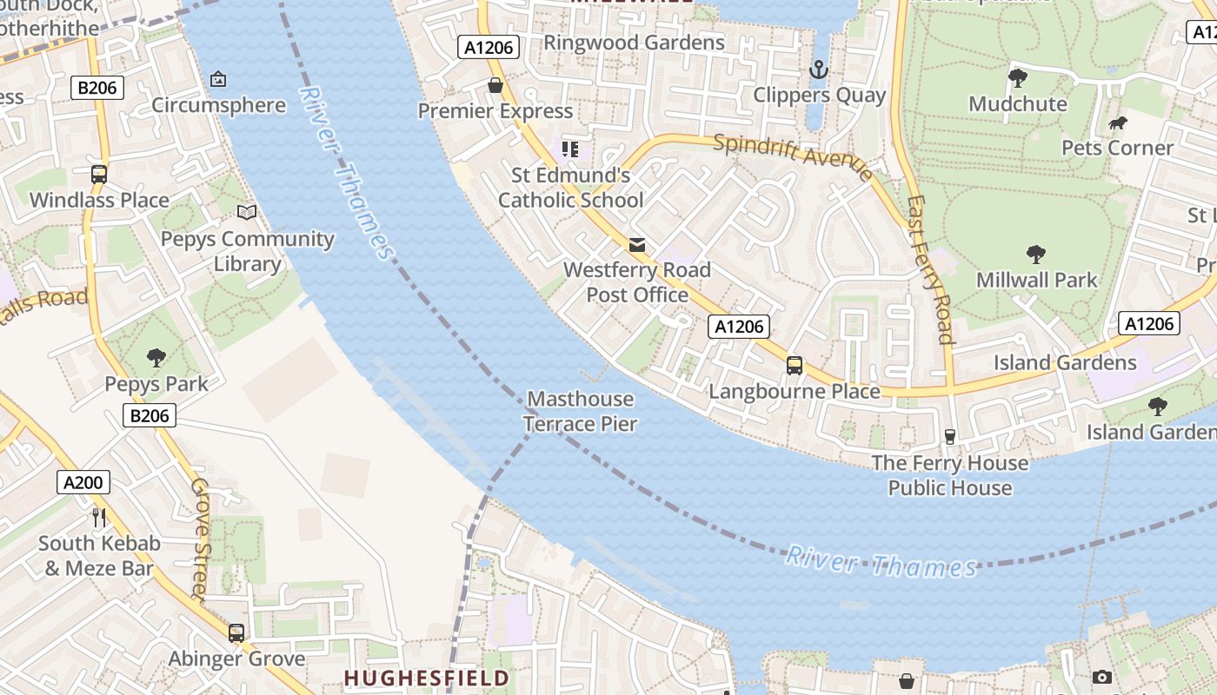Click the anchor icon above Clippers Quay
(818, 69)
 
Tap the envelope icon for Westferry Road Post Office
(637, 245)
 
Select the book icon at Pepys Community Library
(247, 212)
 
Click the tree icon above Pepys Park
(156, 357)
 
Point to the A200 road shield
(83, 483)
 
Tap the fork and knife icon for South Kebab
(99, 518)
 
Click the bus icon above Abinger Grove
(236, 632)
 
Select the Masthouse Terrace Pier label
(581, 412)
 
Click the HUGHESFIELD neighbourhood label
(426, 678)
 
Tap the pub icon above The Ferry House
(949, 436)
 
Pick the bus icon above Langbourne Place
(795, 365)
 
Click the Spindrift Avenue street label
(793, 156)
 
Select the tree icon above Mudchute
(1018, 78)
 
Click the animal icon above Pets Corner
(1118, 122)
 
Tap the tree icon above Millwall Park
(1036, 254)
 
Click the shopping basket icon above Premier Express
(495, 85)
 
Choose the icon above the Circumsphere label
(218, 79)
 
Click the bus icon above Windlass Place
(99, 174)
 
